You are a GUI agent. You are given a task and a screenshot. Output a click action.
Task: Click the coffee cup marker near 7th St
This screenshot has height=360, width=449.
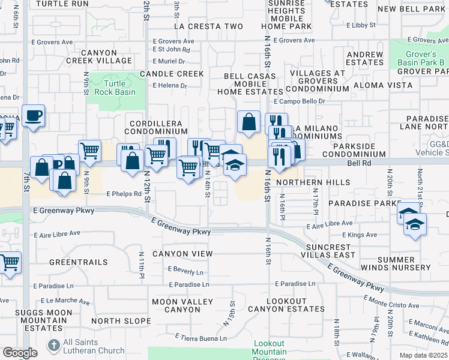(x=33, y=115)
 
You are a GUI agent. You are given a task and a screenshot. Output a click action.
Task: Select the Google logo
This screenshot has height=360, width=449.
(x=19, y=353)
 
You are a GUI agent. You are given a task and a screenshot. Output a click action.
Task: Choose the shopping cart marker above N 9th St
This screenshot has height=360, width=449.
(x=89, y=150)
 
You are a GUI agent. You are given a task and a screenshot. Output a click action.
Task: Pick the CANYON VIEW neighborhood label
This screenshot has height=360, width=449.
(x=182, y=254)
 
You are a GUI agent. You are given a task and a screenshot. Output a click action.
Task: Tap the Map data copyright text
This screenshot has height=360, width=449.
(x=424, y=355)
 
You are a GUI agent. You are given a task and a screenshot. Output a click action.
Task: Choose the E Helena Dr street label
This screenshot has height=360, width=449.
(x=170, y=86)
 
